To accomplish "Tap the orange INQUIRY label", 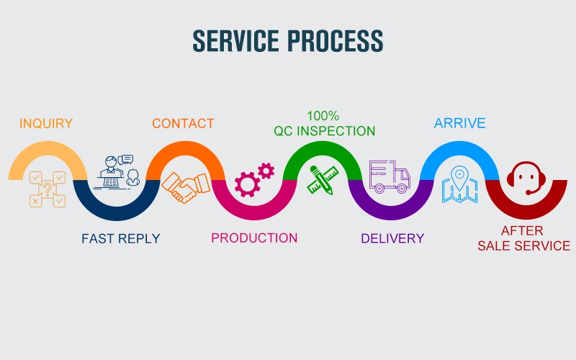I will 46,123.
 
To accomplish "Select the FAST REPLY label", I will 120,238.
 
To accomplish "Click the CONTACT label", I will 183,123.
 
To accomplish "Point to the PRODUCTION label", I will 254,238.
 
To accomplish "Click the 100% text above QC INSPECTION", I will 323,115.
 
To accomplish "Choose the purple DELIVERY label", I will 392,238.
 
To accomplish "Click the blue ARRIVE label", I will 459,123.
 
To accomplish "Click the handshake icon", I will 183,186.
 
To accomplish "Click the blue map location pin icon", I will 459,183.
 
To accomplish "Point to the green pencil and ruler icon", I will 323,180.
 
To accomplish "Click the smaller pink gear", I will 266,171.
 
